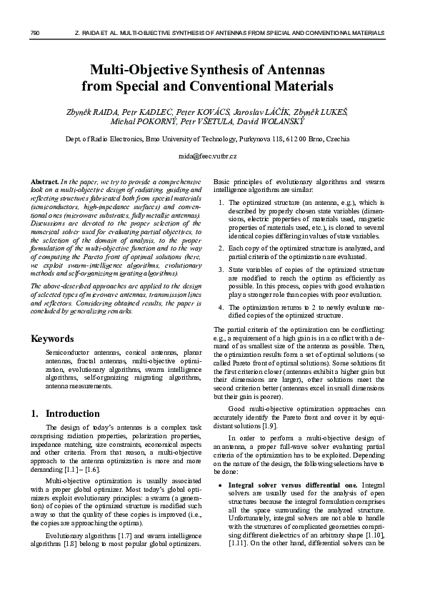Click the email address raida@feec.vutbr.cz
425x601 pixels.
212,156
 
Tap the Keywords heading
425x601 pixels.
53,338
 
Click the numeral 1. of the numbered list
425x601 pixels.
220,203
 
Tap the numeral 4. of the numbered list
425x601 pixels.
220,306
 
